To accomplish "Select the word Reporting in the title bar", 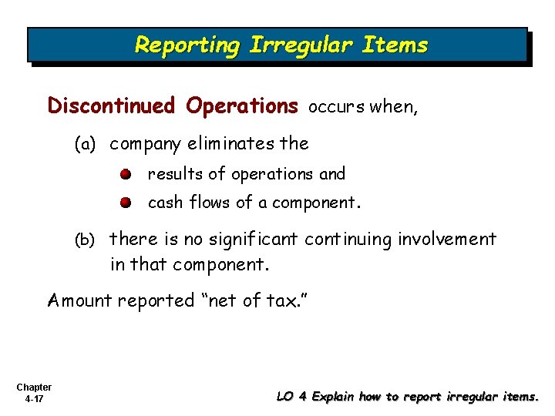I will pyautogui.click(x=187, y=45).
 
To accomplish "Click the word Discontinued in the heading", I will pyautogui.click(x=112, y=106).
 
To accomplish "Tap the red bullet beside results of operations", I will pyautogui.click(x=125, y=174).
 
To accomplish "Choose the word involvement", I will pyautogui.click(x=447, y=240).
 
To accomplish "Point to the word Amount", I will pyautogui.click(x=79, y=300).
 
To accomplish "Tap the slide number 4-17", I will pyautogui.click(x=33, y=399).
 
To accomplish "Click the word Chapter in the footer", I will pyautogui.click(x=33, y=387).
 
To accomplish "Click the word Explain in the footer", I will pyautogui.click(x=331, y=397).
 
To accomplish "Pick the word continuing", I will pyautogui.click(x=349, y=240).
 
